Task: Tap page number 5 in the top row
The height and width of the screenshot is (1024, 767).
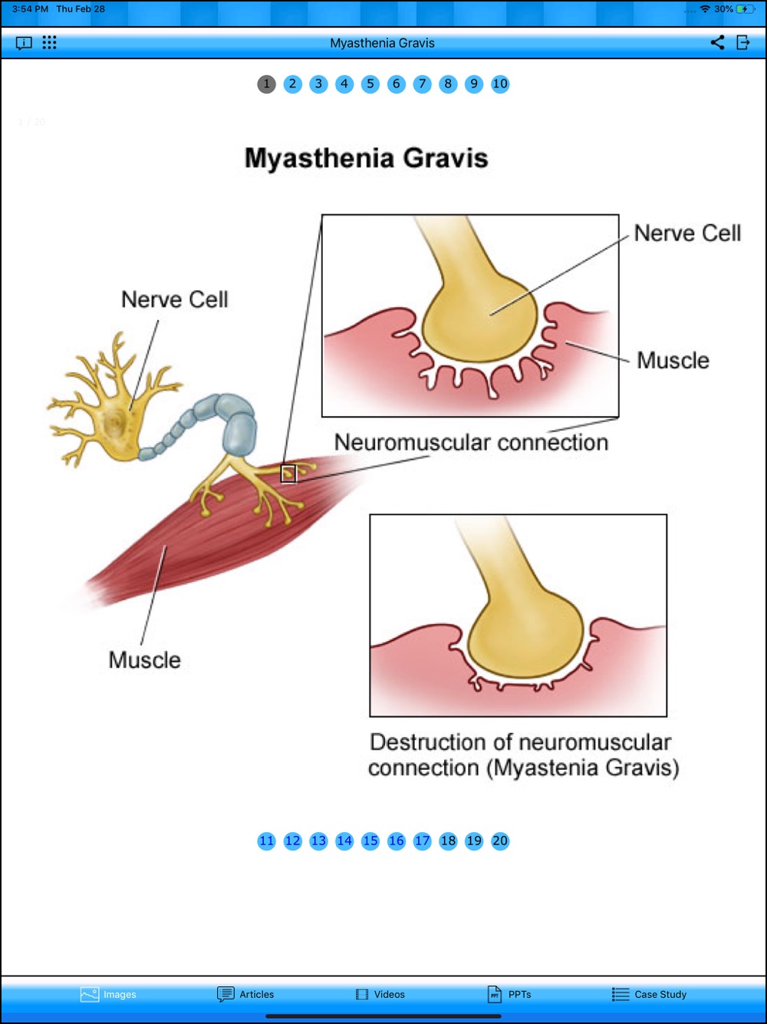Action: (370, 84)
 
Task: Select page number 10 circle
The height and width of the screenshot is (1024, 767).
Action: (499, 84)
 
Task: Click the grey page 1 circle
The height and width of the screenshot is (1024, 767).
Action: (267, 84)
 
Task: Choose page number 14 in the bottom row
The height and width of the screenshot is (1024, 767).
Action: (344, 841)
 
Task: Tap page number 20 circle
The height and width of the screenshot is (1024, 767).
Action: (499, 841)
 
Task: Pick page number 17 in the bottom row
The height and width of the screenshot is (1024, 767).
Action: (422, 841)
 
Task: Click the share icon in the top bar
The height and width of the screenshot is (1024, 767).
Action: (717, 42)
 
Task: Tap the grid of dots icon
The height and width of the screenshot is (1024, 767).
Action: (49, 42)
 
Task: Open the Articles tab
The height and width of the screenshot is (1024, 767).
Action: (245, 994)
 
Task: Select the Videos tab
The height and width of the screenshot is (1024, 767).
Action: (380, 994)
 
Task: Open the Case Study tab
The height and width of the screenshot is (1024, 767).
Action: (649, 994)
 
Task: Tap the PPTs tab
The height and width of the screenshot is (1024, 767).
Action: (509, 994)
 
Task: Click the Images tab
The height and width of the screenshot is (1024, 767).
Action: (108, 994)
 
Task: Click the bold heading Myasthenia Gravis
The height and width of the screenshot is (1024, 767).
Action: (367, 157)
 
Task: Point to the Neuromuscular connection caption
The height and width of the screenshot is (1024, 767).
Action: (471, 442)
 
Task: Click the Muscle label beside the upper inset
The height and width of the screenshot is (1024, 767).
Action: (673, 360)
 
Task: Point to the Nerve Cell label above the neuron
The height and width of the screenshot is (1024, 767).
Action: (175, 299)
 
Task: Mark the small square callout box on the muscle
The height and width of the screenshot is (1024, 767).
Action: (288, 474)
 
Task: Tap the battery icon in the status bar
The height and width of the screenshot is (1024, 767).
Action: (746, 9)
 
